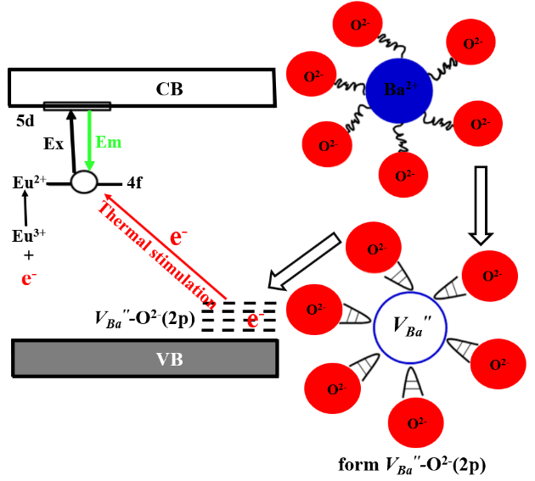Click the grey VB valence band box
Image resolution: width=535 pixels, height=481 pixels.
tap(144, 359)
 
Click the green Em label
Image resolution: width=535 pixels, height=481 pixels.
tap(109, 142)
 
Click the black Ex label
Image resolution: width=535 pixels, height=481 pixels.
tap(53, 143)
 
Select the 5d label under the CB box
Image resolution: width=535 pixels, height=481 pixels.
tap(25, 121)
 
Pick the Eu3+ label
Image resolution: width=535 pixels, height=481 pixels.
tap(29, 235)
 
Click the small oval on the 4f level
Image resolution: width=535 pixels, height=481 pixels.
tap(83, 182)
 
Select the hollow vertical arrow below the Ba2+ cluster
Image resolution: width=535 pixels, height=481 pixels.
tap(480, 204)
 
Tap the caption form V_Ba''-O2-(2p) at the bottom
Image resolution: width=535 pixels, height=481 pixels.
tap(412, 465)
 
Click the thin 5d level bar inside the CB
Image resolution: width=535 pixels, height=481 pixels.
tap(76, 106)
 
